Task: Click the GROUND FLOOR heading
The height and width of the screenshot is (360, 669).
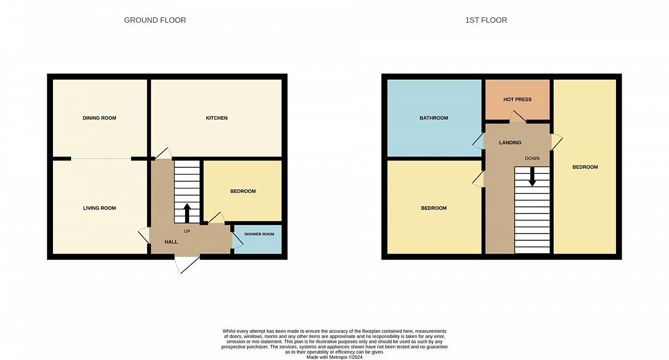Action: pos(155,20)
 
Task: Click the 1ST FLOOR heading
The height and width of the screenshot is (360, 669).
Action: pos(486,20)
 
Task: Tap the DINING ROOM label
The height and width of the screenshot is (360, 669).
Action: pos(99,118)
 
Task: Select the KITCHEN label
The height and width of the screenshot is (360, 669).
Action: pos(216,118)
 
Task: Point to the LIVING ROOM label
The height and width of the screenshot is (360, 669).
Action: pos(99,208)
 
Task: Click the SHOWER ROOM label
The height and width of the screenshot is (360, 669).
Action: pos(259,234)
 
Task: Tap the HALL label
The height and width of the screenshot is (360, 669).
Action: pos(171,242)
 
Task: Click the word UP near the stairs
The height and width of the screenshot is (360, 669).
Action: pos(187,231)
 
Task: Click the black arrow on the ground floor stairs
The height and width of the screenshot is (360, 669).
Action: pos(187,213)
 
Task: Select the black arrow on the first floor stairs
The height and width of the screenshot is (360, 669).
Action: pos(532,177)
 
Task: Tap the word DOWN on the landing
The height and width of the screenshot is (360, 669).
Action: pos(532,158)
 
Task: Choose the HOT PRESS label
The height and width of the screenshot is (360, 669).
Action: pos(517,99)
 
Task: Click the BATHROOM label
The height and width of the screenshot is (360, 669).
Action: pos(434,118)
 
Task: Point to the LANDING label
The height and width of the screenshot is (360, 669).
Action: pos(510,143)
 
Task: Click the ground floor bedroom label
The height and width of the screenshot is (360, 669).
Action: pos(243,191)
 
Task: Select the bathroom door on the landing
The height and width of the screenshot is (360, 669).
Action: pos(478,141)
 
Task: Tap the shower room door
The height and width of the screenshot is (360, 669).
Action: pos(237,240)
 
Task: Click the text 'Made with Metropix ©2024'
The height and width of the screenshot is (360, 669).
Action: pos(334,357)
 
